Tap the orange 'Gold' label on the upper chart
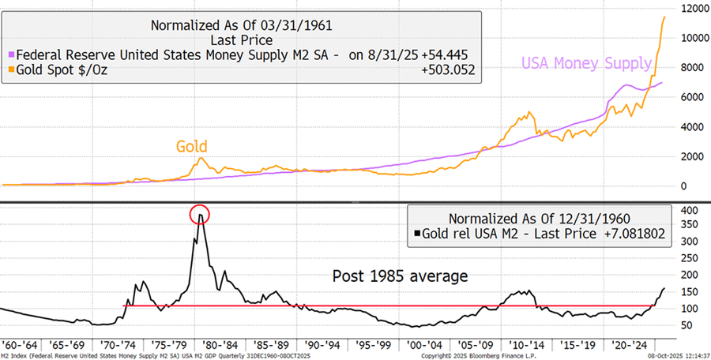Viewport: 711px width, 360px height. pyautogui.click(x=192, y=146)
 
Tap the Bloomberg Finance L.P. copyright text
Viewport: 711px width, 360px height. pyautogui.click(x=468, y=356)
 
